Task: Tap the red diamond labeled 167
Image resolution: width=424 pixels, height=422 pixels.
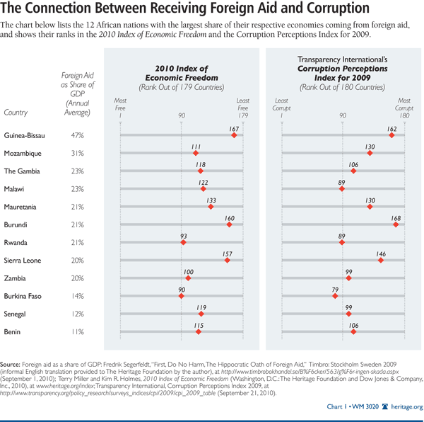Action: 234,135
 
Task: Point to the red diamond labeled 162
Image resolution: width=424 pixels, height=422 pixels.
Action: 391,135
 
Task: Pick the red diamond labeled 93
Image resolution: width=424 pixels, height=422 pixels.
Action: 183,242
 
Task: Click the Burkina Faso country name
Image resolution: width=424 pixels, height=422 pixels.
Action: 24,296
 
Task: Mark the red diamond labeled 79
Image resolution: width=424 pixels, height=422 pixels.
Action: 335,296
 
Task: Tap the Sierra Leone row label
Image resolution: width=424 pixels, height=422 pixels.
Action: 24,261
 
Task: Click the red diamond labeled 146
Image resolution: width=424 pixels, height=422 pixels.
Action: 380,261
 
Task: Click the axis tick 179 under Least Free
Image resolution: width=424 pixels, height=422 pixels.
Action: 242,115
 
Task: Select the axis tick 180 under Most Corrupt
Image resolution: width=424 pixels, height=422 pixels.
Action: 404,115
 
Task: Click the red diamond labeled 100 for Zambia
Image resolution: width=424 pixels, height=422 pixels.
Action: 188,278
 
